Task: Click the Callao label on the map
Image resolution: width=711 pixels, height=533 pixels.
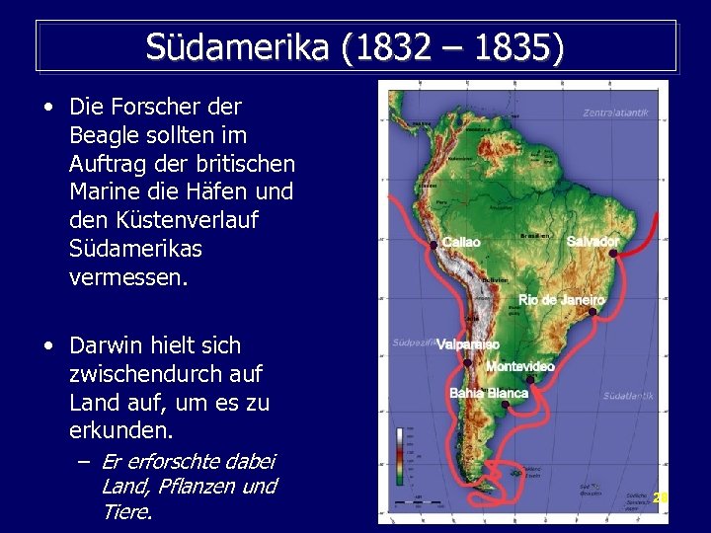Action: pyautogui.click(x=461, y=242)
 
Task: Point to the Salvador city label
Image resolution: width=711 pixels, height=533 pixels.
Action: pyautogui.click(x=592, y=241)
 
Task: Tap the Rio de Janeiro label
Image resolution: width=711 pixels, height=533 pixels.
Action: pyautogui.click(x=561, y=299)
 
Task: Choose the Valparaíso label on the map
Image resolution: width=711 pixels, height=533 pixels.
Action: pyautogui.click(x=468, y=344)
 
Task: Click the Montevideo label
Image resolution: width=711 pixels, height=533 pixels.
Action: pyautogui.click(x=519, y=366)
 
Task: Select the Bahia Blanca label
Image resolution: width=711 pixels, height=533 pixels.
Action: pyautogui.click(x=489, y=393)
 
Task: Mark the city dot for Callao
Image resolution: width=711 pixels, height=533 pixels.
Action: pyautogui.click(x=434, y=245)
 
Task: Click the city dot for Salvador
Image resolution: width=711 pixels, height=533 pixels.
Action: pyautogui.click(x=613, y=254)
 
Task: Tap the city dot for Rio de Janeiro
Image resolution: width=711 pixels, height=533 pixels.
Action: pyautogui.click(x=592, y=312)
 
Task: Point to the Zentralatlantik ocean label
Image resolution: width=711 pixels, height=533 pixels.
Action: pyautogui.click(x=615, y=113)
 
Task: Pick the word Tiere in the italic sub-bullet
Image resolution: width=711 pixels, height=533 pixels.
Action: pyautogui.click(x=125, y=511)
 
